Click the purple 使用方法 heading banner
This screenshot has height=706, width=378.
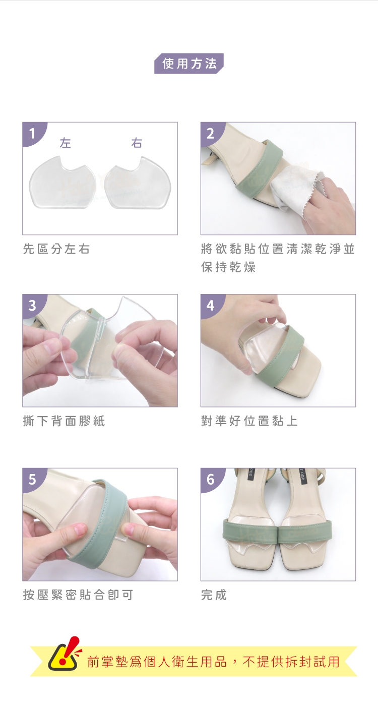(188, 64)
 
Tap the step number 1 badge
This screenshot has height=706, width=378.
(32, 134)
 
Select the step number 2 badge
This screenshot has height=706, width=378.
(211, 134)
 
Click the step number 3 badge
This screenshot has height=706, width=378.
(32, 306)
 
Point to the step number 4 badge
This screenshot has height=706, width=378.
(211, 306)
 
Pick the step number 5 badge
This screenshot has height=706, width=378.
(32, 480)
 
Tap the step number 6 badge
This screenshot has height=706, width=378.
(211, 480)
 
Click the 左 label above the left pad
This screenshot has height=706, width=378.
(65, 143)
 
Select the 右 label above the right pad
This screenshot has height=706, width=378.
(137, 143)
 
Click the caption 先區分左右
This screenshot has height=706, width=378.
(56, 249)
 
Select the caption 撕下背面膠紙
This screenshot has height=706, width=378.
(64, 421)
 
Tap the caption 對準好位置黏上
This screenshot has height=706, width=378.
(249, 421)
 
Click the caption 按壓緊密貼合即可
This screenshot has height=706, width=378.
(78, 595)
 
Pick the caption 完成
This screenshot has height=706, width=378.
(214, 595)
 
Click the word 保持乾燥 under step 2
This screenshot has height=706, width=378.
(228, 267)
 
